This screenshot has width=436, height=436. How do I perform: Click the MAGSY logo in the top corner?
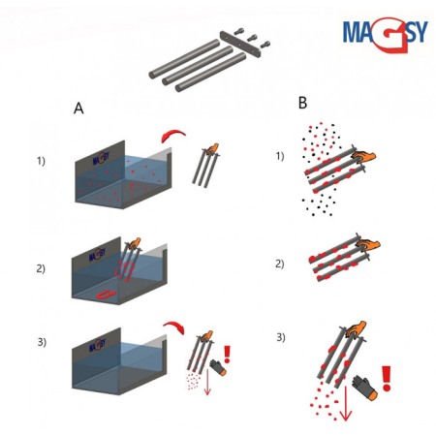click(385, 34)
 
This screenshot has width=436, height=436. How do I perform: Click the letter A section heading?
click(78, 109)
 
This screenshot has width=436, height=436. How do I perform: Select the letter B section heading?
click(302, 103)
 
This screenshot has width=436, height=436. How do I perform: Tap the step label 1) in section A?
click(41, 161)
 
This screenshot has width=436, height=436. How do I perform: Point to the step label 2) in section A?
click(41, 268)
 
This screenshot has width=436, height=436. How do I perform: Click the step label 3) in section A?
click(42, 342)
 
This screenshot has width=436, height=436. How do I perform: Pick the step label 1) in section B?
click(280, 156)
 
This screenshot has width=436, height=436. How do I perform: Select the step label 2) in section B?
click(280, 264)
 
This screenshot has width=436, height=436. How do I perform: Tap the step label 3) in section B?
click(281, 337)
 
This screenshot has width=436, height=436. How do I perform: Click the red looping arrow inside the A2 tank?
click(106, 294)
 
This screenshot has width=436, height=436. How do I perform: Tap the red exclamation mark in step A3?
click(228, 355)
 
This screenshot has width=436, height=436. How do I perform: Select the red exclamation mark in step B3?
click(387, 379)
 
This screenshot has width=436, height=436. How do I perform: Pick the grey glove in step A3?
click(218, 367)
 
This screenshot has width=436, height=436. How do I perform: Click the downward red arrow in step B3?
click(346, 404)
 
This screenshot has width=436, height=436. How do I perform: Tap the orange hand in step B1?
click(364, 155)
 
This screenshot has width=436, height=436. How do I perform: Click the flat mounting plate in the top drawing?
click(240, 44)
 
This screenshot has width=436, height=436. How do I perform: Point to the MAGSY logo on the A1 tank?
click(101, 158)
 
